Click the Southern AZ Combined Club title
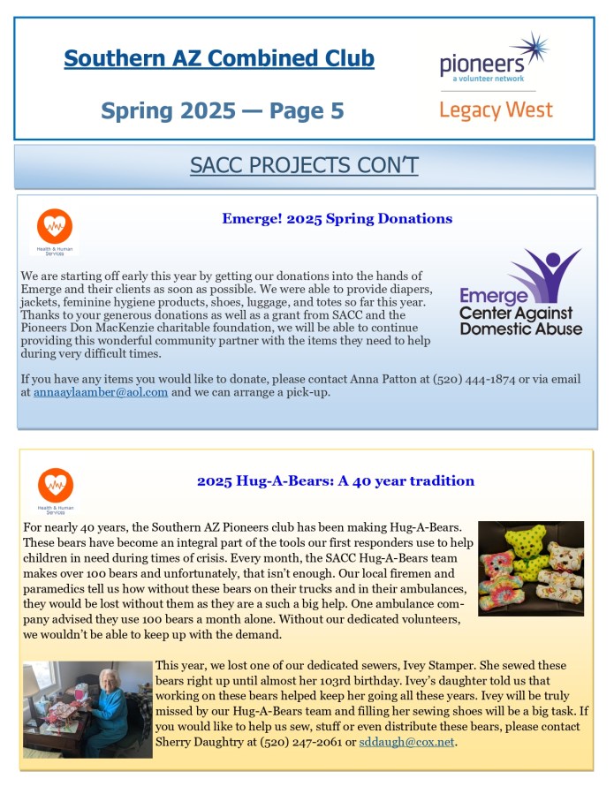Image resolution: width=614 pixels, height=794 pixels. pos(219,59)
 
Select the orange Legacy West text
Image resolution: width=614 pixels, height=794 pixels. pos(496,110)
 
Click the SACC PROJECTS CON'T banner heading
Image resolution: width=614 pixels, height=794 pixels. pos(304,165)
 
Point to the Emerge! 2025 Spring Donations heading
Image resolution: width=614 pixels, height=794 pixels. pos(337,218)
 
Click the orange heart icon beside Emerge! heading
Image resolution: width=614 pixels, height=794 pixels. pos(55,226)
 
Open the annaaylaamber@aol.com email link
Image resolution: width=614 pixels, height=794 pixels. pos(101,392)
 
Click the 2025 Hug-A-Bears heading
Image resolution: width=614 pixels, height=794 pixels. pos(336,481)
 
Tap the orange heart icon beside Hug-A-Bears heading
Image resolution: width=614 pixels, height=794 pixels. pos(55,487)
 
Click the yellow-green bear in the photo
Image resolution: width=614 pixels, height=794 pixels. pos(529,543)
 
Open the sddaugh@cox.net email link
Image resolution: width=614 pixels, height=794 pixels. pos(406,741)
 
